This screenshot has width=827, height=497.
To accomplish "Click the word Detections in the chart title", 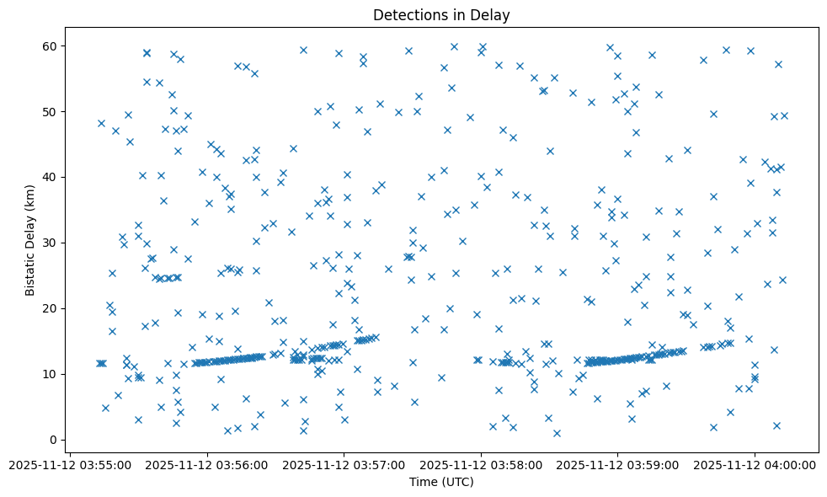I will click(407, 15).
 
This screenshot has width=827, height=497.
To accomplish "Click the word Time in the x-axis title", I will click(424, 482).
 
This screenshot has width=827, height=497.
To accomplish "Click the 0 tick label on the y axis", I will click(53, 440).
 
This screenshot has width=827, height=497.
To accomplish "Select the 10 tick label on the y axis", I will click(50, 374).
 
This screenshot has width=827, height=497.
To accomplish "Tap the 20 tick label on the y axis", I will click(50, 308).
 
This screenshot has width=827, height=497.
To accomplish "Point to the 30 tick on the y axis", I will click(50, 243).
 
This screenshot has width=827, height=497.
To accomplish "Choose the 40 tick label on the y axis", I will click(50, 177).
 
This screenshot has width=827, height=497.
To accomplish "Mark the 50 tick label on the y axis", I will click(50, 111).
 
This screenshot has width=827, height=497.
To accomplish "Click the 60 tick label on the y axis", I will click(50, 45).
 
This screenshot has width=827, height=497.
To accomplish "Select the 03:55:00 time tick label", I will click(70, 464).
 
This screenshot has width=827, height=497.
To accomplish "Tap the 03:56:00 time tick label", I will click(207, 464).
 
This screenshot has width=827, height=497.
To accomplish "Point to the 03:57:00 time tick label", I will click(344, 464).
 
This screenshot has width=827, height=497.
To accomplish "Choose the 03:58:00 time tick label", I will click(481, 464).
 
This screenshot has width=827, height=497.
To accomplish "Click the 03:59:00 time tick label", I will click(618, 464).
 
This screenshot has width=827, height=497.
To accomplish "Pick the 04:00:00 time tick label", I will click(755, 464).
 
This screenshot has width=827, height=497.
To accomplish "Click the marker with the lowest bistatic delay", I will click(557, 433).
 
